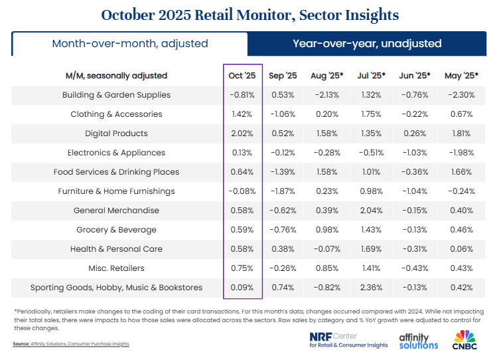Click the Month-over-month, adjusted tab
tap(130, 44)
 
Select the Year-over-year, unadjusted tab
tap(367, 44)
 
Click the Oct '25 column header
tap(242, 76)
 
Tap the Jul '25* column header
tap(371, 76)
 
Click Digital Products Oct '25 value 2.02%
tap(242, 134)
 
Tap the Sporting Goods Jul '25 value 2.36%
tap(371, 288)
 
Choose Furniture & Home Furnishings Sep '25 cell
tap(285, 191)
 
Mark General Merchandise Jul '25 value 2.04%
tap(371, 211)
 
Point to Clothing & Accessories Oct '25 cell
tap(242, 114)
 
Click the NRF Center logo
tap(348, 340)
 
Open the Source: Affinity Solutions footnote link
tap(70, 343)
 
